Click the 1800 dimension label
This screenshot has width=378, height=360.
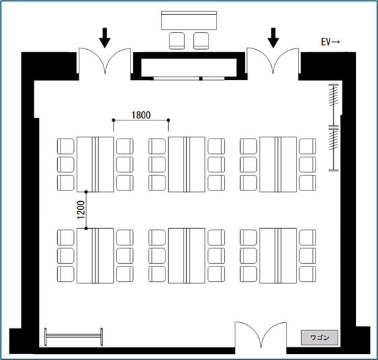141,115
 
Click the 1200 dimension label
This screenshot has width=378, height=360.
81,210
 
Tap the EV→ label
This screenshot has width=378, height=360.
330,42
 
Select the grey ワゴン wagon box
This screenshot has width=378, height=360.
319,338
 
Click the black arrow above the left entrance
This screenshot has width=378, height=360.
105,38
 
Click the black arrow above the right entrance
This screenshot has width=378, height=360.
273,38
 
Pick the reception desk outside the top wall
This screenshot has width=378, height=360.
189,20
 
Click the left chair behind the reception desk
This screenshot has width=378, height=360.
177,41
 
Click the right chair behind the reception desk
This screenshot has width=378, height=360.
201,41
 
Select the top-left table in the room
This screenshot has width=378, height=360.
96,164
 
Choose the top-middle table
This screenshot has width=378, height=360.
186,164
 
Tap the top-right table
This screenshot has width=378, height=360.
278,164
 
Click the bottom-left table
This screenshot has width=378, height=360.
96,256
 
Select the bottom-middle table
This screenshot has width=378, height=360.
186,256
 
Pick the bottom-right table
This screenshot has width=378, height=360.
278,256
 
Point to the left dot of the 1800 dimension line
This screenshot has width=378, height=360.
114,120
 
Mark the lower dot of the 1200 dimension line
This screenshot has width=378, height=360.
86,228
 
